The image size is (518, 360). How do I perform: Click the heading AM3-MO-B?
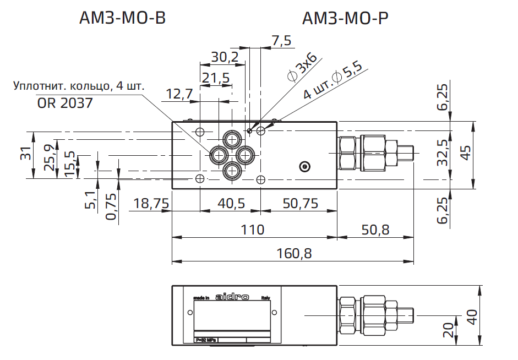pyautogui.click(x=122, y=19)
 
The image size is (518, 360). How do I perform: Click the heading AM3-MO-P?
pyautogui.click(x=346, y=19)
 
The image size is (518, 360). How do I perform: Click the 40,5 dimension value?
pyautogui.click(x=231, y=204)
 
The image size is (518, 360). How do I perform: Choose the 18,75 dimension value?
pyautogui.click(x=150, y=204)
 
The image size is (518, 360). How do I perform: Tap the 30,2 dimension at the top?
pyautogui.click(x=225, y=57)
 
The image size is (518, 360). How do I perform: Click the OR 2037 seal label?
pyautogui.click(x=65, y=103)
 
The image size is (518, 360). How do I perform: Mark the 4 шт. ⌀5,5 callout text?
pyautogui.click(x=332, y=81)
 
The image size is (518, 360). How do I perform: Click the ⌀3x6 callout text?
pyautogui.click(x=302, y=68)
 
